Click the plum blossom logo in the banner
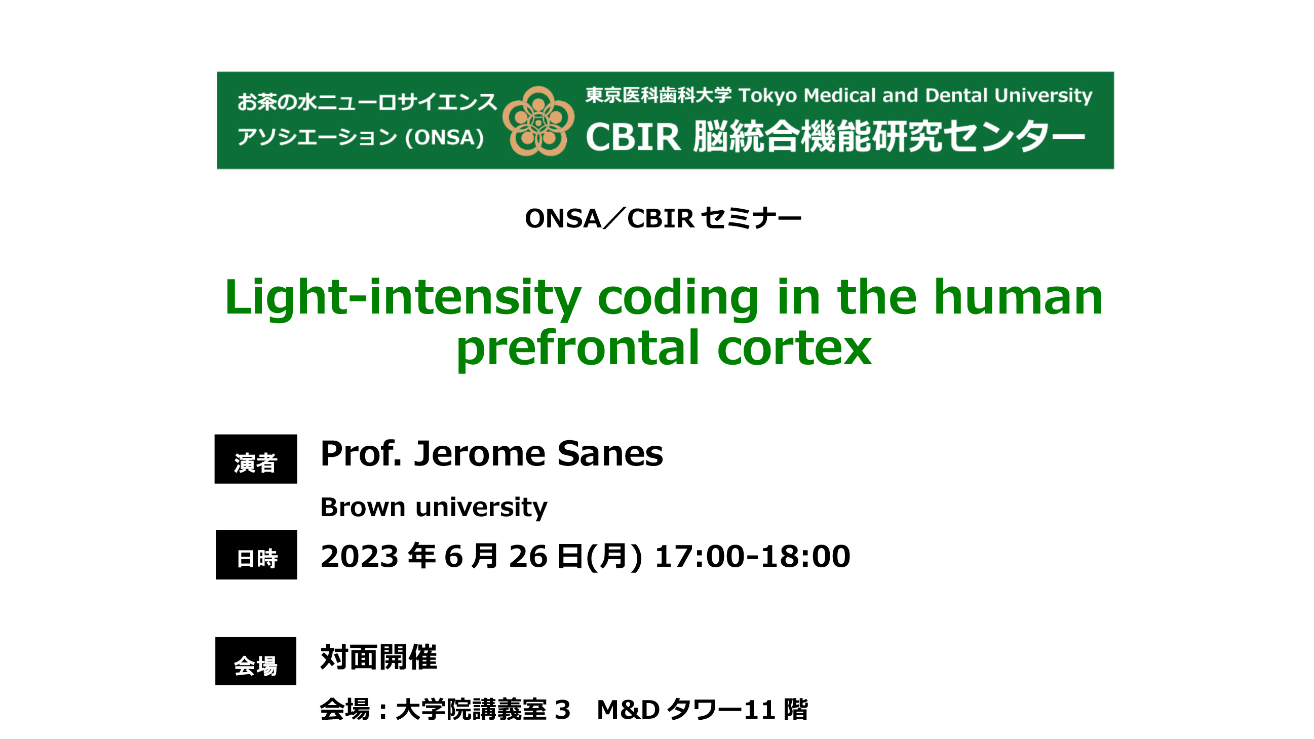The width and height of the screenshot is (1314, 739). pyautogui.click(x=538, y=121)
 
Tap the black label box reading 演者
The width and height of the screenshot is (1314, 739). pyautogui.click(x=256, y=459)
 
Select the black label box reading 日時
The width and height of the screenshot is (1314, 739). pyautogui.click(x=256, y=555)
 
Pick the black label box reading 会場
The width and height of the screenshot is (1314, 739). pyautogui.click(x=256, y=661)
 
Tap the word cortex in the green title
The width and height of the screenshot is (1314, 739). pyautogui.click(x=795, y=349)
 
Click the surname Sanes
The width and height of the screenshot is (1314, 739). pyautogui.click(x=610, y=454)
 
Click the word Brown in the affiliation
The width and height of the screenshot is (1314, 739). pyautogui.click(x=363, y=508)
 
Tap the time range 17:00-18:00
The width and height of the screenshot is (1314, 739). pyautogui.click(x=752, y=556)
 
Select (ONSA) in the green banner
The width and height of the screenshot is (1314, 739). pyautogui.click(x=444, y=138)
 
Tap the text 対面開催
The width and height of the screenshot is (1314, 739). pyautogui.click(x=378, y=657)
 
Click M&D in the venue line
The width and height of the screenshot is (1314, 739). pyautogui.click(x=628, y=710)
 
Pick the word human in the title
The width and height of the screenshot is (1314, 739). pyautogui.click(x=1018, y=298)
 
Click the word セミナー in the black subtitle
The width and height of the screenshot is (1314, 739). pyautogui.click(x=751, y=219)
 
